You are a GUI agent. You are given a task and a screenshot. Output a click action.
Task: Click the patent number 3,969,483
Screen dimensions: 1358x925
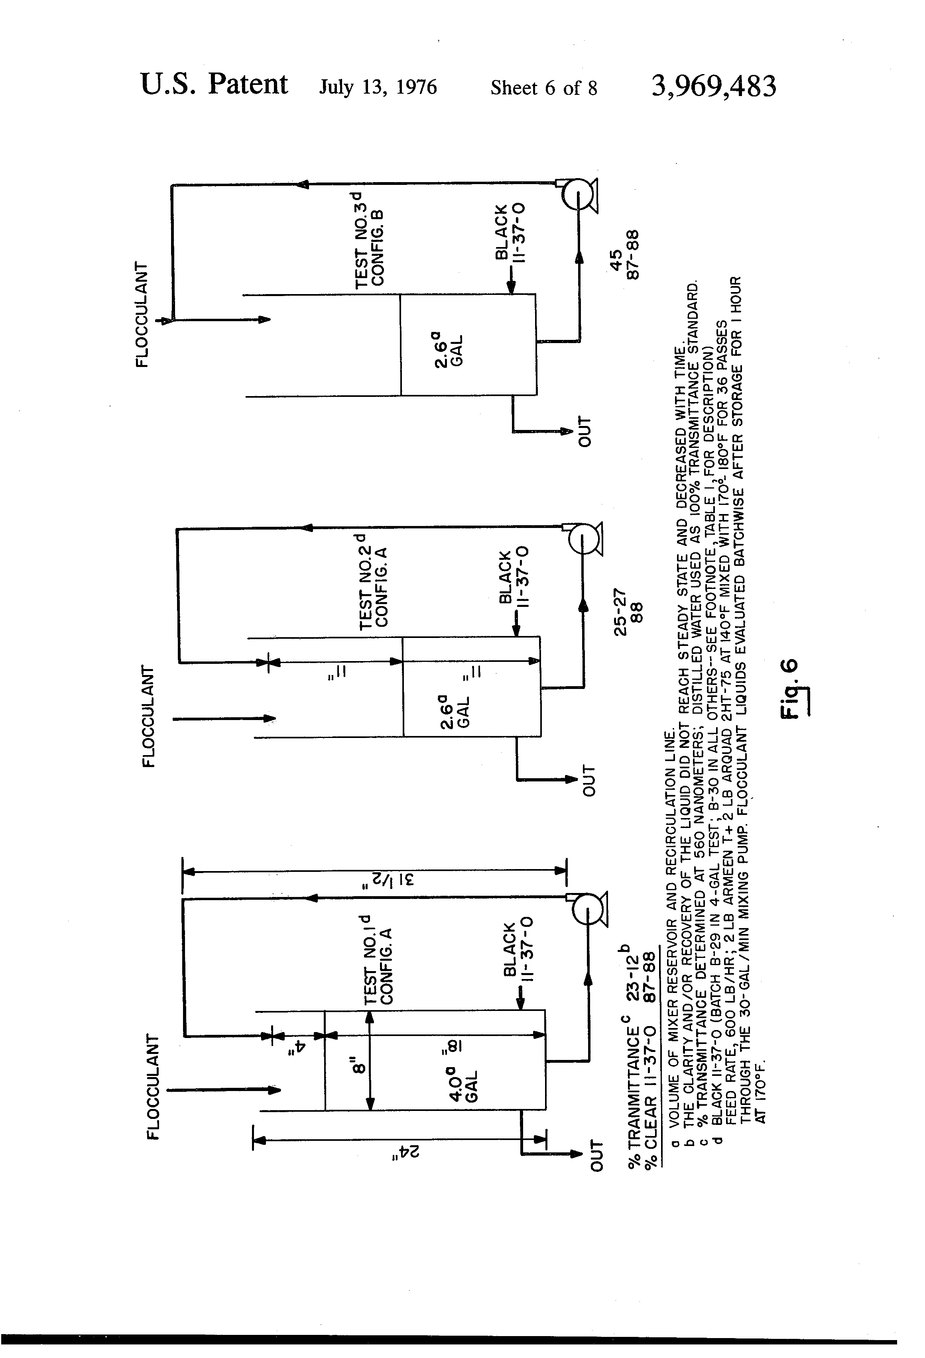(x=713, y=87)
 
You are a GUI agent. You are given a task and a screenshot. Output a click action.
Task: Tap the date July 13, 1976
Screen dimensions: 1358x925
(x=378, y=88)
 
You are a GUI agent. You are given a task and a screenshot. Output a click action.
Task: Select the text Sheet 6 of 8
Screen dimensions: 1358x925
(x=544, y=88)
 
